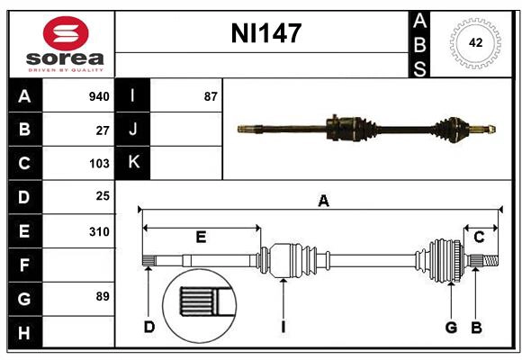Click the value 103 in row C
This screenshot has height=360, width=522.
99,164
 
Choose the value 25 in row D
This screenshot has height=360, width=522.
103,196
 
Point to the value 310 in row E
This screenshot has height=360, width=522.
99,231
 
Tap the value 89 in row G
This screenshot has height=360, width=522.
103,295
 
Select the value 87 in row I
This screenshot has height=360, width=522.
211,96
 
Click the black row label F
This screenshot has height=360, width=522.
24,265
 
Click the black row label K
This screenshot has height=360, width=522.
133,163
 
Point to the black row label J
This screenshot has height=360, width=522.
133,130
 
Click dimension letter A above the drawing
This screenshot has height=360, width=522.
323,202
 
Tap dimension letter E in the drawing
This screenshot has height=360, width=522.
201,237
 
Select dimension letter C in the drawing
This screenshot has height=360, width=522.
480,237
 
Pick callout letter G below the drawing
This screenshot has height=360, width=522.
451,327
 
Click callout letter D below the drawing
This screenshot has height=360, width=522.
149,327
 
